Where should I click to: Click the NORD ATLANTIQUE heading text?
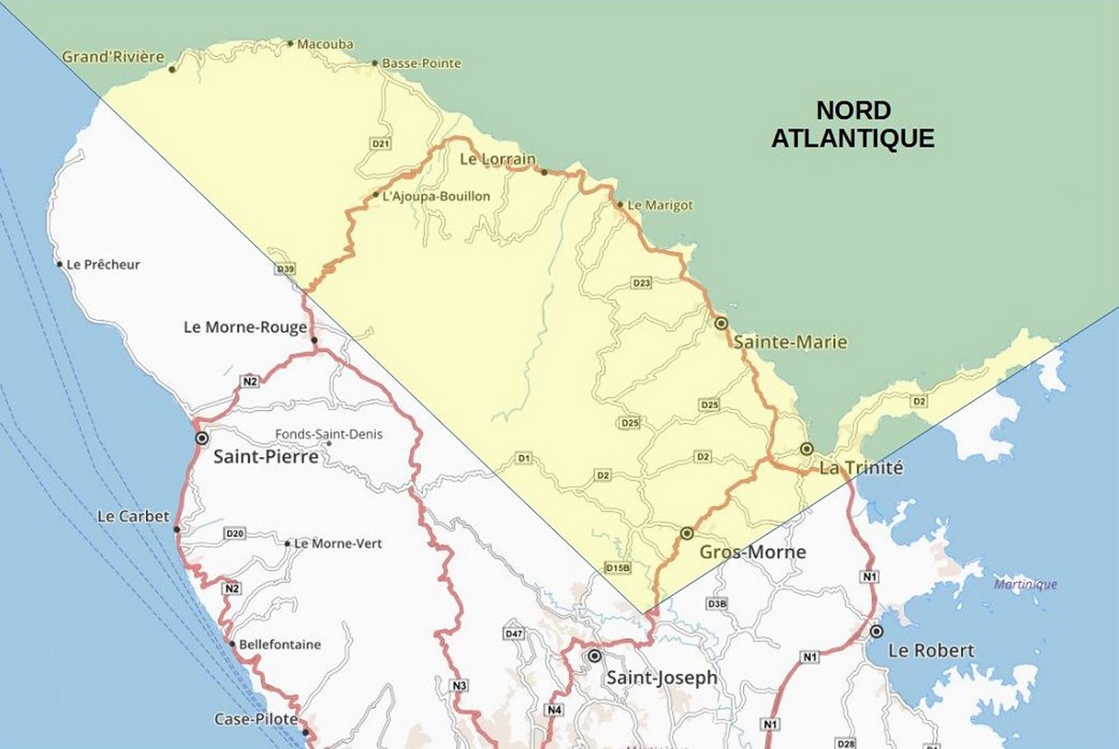tap(852, 124)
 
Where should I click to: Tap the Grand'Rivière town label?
tap(113, 57)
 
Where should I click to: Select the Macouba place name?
tap(324, 44)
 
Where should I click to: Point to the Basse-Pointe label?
tap(421, 64)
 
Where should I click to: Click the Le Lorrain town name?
tap(497, 160)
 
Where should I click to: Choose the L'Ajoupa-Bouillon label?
tap(436, 197)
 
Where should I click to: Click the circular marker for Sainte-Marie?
tap(721, 323)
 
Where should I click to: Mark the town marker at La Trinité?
tap(807, 449)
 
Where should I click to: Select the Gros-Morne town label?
tap(752, 552)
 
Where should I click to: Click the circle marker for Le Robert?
tap(876, 631)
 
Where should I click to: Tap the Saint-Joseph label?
tap(662, 677)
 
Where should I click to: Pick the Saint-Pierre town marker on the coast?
tap(202, 438)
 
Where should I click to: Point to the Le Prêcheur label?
tap(103, 265)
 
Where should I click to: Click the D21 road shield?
tap(380, 143)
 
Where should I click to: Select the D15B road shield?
tap(617, 568)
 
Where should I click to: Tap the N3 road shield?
tap(459, 685)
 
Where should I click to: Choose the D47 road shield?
tap(514, 634)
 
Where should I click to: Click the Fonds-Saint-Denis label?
tap(329, 434)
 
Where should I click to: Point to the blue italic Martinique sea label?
tap(1025, 585)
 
